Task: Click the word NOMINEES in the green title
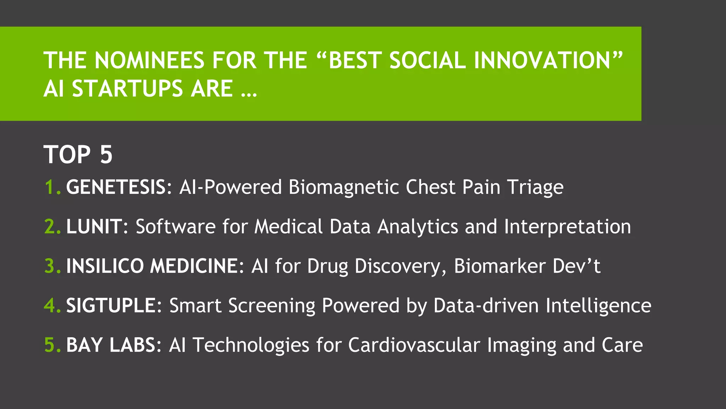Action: (x=150, y=60)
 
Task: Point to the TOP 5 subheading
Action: (x=78, y=155)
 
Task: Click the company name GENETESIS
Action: (x=116, y=187)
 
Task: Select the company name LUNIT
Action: (x=94, y=227)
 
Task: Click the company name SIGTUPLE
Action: (x=111, y=306)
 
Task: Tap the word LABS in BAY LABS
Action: (x=132, y=345)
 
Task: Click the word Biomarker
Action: (x=499, y=266)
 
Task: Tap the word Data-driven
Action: (x=486, y=306)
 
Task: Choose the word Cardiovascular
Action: (x=414, y=345)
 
